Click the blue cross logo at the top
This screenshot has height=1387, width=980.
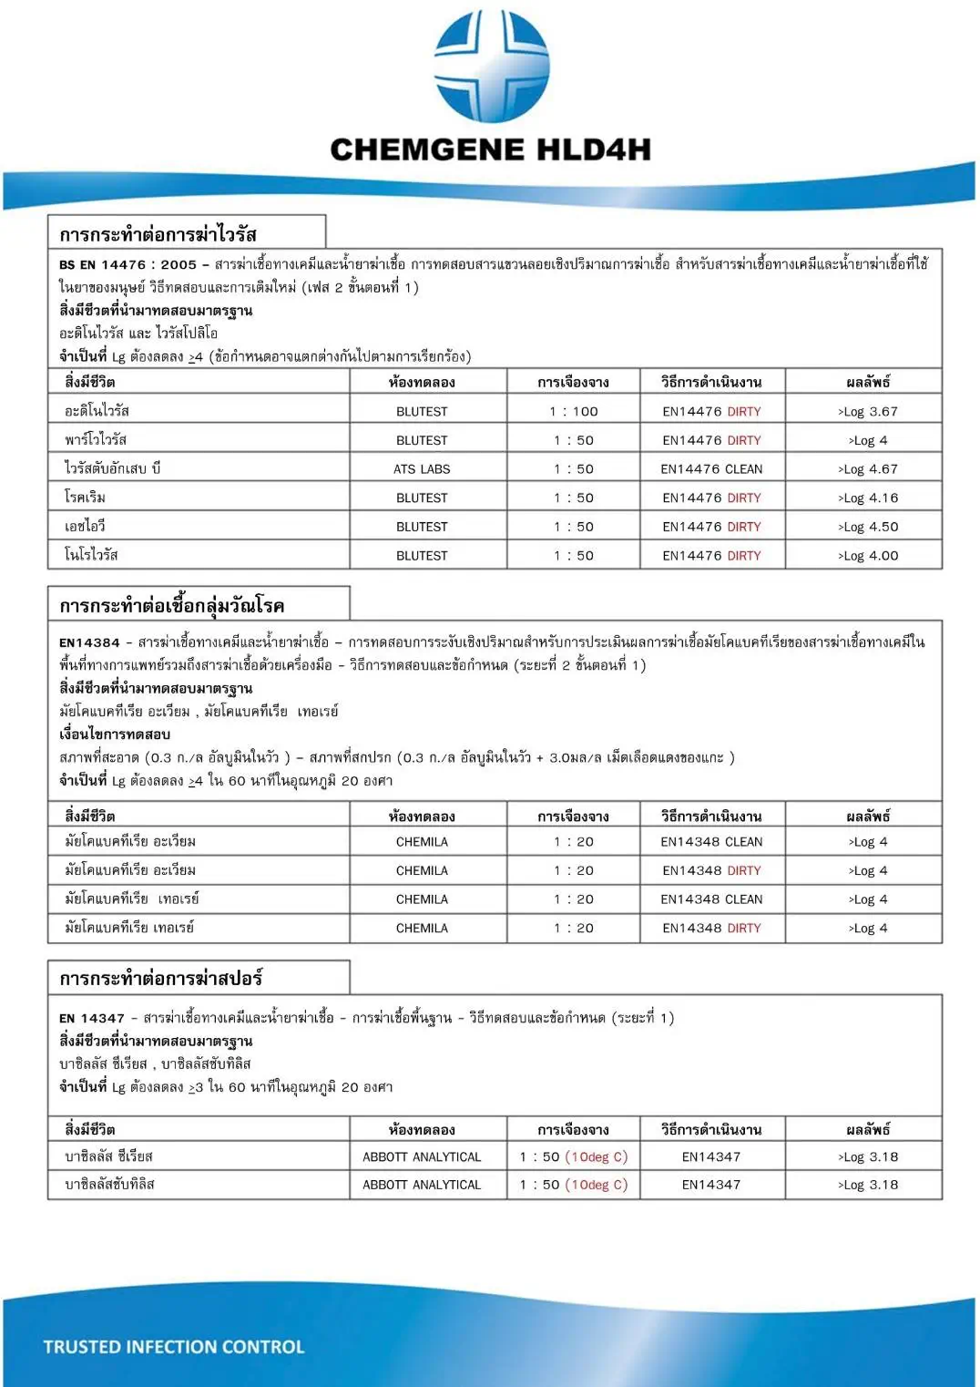coord(491,66)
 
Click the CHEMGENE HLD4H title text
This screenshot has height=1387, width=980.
coord(490,149)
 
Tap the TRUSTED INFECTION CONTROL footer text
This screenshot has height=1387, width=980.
coord(174,1347)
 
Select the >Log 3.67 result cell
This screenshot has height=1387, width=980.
coord(867,412)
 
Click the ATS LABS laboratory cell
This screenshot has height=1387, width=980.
coord(422,469)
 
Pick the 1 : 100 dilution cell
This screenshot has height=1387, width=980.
coord(573,412)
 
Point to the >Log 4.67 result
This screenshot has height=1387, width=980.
coord(867,469)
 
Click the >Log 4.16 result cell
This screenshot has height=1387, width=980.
coord(867,498)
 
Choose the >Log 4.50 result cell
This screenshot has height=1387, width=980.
coord(867,527)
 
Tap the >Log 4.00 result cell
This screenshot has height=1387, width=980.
coord(867,556)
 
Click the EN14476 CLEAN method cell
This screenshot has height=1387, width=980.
coord(711,469)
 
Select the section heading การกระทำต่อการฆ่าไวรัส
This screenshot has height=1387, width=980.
coord(158,234)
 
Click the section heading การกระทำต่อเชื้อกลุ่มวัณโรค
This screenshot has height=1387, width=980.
coord(172,606)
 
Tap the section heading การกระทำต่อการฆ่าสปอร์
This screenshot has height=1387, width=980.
coord(161,979)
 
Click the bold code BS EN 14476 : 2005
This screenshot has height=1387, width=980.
coord(128,265)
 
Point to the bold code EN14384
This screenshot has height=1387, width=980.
coord(89,642)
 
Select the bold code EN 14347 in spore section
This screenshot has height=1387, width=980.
coord(91,1018)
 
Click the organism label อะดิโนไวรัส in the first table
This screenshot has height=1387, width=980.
coord(97,411)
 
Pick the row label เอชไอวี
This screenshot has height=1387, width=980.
coord(86,527)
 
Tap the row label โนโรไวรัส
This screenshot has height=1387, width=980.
coord(91,555)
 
